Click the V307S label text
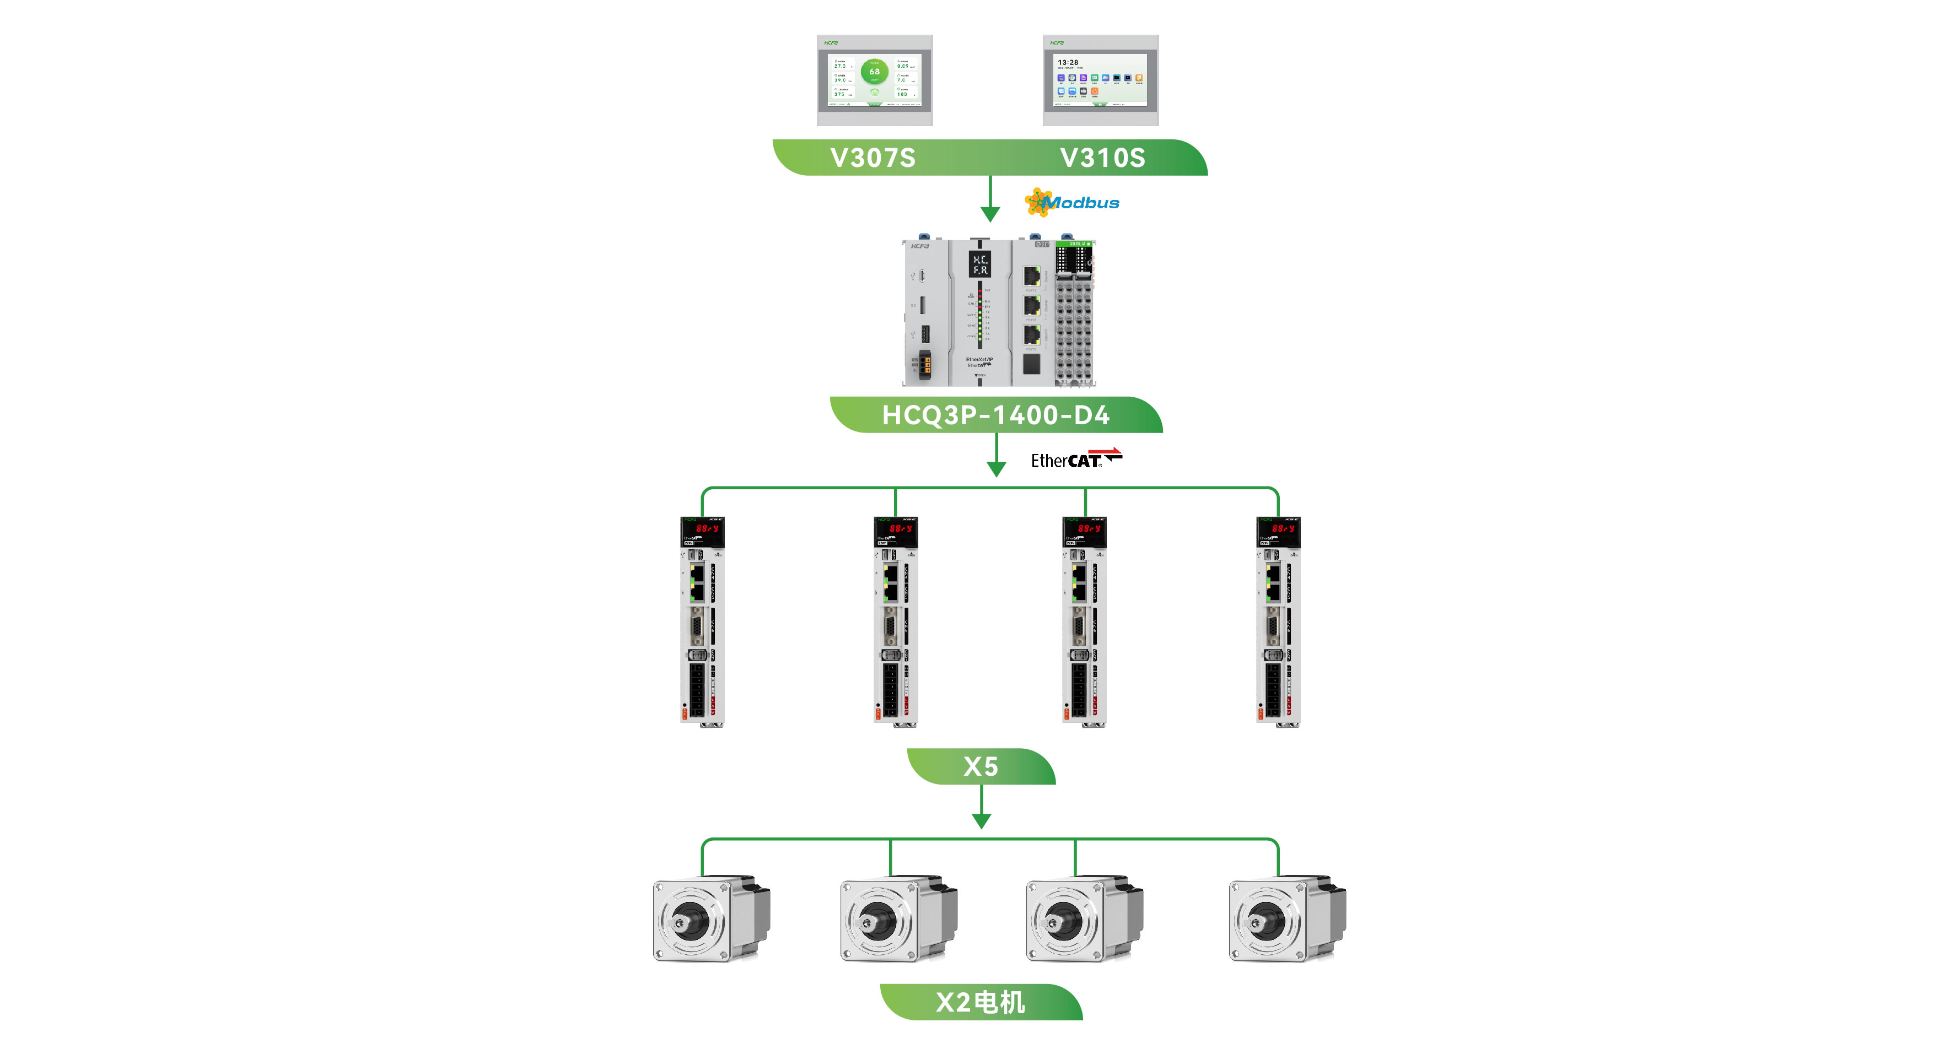(873, 158)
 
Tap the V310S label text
(1102, 158)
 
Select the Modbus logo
(1073, 202)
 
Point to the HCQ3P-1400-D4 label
(995, 415)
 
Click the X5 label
(981, 766)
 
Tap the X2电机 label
(980, 1002)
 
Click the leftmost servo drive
(702, 621)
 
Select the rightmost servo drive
(1278, 621)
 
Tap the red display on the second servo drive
(900, 528)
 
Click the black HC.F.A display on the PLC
(980, 264)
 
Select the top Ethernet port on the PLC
(1032, 275)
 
